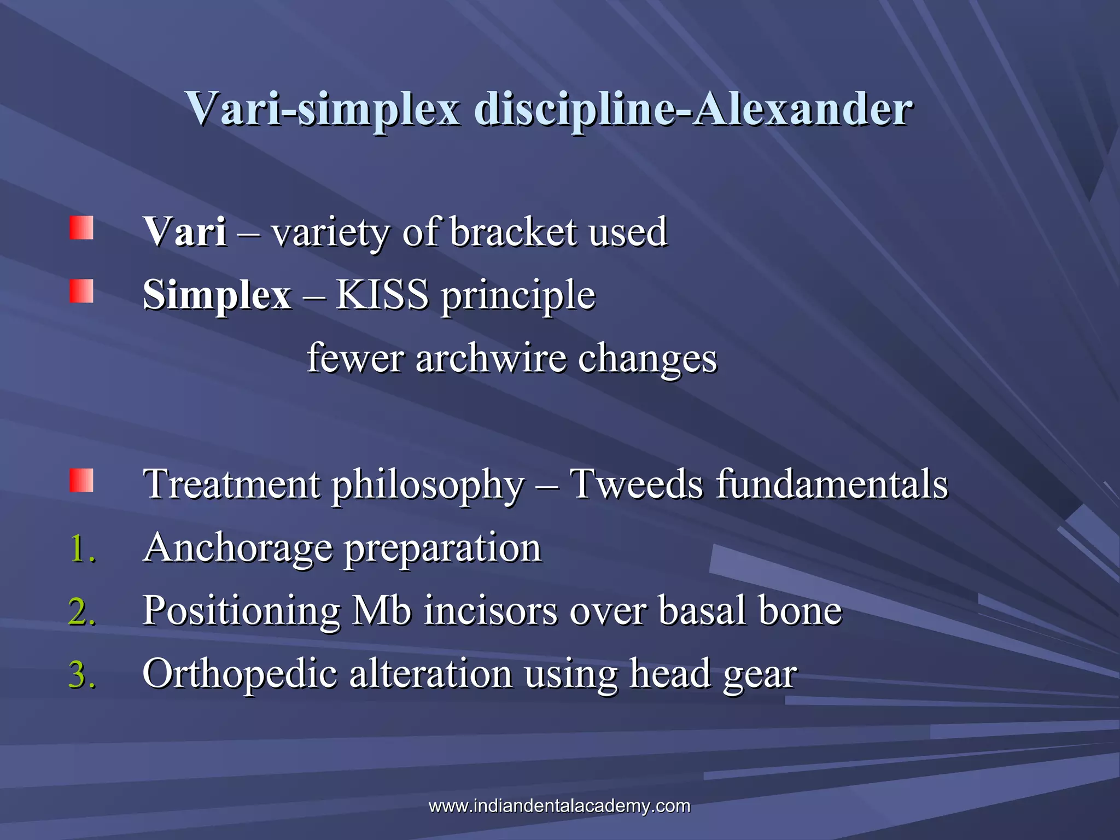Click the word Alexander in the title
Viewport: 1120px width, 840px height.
point(802,108)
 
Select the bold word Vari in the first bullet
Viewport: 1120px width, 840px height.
point(185,232)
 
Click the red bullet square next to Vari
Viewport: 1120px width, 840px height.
point(81,228)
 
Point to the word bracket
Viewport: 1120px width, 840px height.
point(513,232)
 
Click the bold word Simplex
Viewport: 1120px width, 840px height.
point(217,295)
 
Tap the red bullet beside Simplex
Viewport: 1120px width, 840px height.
point(81,291)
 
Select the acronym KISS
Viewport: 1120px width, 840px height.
point(382,295)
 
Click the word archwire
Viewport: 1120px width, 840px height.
point(491,358)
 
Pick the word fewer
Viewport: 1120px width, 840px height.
point(355,358)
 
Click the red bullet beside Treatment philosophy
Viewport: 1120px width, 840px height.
point(81,481)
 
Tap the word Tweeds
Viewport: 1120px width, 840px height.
point(636,485)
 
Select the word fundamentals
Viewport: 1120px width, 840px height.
point(832,485)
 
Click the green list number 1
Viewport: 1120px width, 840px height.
point(83,549)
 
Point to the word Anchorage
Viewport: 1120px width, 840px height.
point(238,549)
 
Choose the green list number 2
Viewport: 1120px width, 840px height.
point(83,611)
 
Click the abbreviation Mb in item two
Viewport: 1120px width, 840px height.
point(381,610)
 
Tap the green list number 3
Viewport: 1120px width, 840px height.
point(83,674)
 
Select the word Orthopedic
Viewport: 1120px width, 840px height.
point(240,674)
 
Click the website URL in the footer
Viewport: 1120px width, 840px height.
point(559,806)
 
